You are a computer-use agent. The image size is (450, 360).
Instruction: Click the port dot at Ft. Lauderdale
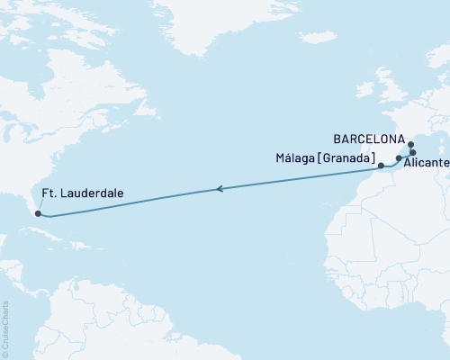[37, 213]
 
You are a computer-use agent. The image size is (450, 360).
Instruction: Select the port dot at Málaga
[381, 166]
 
